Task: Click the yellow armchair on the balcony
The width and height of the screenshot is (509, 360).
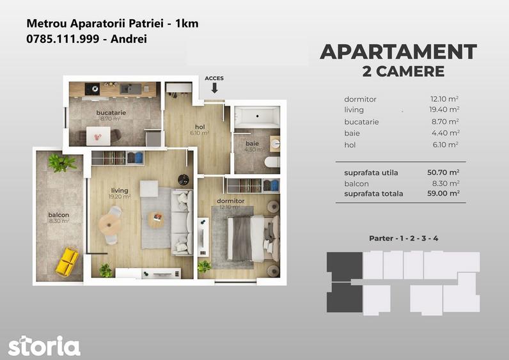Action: pyautogui.click(x=67, y=262)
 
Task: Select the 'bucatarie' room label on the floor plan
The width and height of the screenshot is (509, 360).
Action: pyautogui.click(x=111, y=113)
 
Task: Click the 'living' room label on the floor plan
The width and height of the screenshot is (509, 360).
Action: pyautogui.click(x=120, y=191)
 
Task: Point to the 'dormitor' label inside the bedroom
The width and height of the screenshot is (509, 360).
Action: pyautogui.click(x=230, y=201)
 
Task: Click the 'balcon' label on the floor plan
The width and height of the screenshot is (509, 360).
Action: pyautogui.click(x=58, y=215)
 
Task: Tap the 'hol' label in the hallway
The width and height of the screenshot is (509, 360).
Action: pyautogui.click(x=200, y=127)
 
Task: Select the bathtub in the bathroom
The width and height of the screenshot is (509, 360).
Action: pyautogui.click(x=257, y=117)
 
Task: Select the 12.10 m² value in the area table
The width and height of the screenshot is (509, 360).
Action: pyautogui.click(x=444, y=99)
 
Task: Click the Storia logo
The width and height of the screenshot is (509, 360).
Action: pyautogui.click(x=44, y=345)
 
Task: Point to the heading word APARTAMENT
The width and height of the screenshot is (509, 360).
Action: pyautogui.click(x=398, y=52)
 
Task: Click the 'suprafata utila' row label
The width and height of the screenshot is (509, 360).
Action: pyautogui.click(x=371, y=173)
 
